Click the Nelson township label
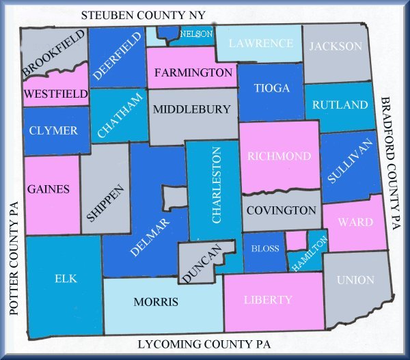pyautogui.click(x=196, y=33)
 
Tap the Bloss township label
pyautogui.click(x=265, y=249)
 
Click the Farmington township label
pyautogui.click(x=193, y=72)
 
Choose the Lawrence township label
pyautogui.click(x=261, y=43)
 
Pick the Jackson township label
pyautogui.click(x=335, y=46)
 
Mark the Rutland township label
pyautogui.click(x=340, y=105)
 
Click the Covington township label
pyautogui.click(x=281, y=210)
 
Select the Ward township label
pyautogui.click(x=356, y=222)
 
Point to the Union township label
pyautogui.click(x=355, y=280)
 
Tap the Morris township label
pyautogui.click(x=156, y=302)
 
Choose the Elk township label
pyautogui.click(x=66, y=279)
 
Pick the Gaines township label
pyautogui.click(x=48, y=189)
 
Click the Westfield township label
pyautogui.click(x=55, y=93)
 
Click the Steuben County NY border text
pyautogui.click(x=147, y=15)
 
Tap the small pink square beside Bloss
pyautogui.click(x=295, y=240)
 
